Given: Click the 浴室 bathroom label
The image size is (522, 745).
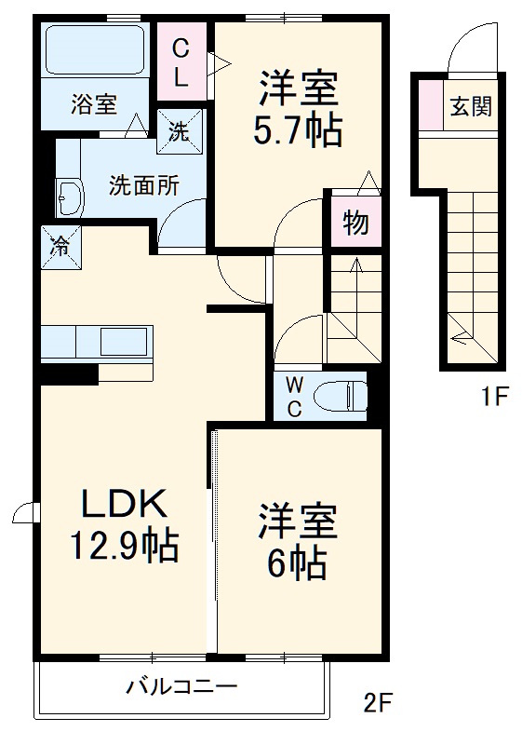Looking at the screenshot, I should pyautogui.click(x=94, y=104).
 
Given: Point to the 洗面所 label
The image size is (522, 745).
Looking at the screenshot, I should pyautogui.click(x=144, y=184).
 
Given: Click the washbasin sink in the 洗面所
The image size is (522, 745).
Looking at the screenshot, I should pyautogui.click(x=69, y=196).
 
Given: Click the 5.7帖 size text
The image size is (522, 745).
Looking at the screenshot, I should pyautogui.click(x=297, y=131).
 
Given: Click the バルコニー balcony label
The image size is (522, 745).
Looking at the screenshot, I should pyautogui.click(x=181, y=688).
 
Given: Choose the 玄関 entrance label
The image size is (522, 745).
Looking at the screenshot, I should pyautogui.click(x=472, y=106).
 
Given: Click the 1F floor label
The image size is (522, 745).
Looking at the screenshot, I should pyautogui.click(x=493, y=399).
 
